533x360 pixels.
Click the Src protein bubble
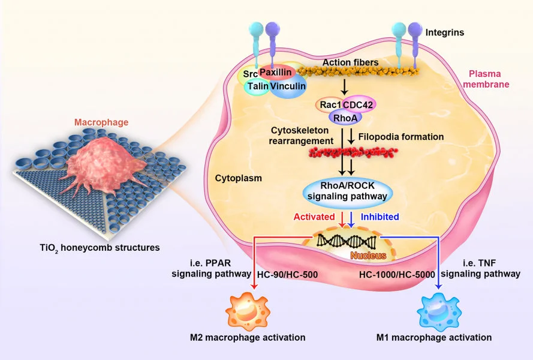pyautogui.click(x=247, y=74)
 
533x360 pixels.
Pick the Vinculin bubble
pyautogui.click(x=288, y=86)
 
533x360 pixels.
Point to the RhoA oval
pyautogui.click(x=342, y=118)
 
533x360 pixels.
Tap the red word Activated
pyautogui.click(x=314, y=217)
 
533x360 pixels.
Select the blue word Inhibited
pyautogui.click(x=380, y=217)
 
